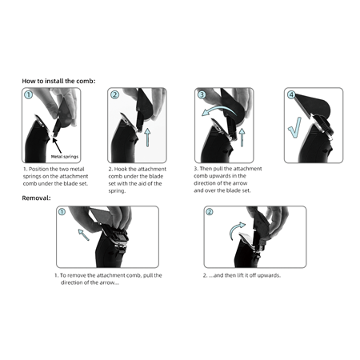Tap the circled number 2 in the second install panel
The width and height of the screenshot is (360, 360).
click(x=115, y=95)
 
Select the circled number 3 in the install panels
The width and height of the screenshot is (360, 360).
click(x=203, y=94)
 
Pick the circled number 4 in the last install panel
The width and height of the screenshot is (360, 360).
click(x=290, y=94)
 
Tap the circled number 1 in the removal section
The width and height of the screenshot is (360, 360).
click(x=62, y=213)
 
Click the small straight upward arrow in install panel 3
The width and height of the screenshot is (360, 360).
click(x=241, y=138)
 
